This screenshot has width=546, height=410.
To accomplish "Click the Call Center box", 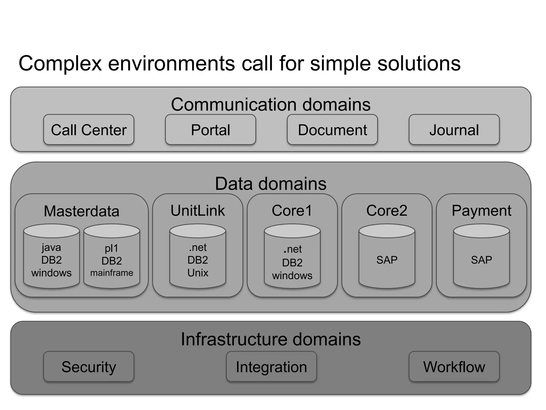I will tap(89, 130).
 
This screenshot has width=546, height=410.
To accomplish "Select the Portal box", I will tap(210, 130).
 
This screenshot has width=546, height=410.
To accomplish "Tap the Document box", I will tap(332, 130).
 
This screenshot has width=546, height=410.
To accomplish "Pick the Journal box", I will tap(454, 130).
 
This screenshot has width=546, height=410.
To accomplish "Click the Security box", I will tap(89, 366).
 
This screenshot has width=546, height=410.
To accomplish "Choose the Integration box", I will tap(271, 366).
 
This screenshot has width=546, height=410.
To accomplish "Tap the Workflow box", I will tap(454, 366).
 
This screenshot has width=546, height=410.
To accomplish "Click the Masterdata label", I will tap(82, 211).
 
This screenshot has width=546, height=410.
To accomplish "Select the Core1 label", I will tap(292, 211).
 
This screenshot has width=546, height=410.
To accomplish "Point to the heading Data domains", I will tap(271, 184).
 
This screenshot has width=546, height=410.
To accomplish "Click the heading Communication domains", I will tap(271, 104).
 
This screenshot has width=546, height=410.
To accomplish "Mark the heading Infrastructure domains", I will tap(271, 339).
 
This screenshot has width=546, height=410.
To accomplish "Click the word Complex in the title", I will tap(60, 64).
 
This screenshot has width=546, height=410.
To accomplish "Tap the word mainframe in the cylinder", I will tap(112, 273).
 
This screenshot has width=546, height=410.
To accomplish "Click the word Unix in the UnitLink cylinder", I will tap(198, 273).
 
